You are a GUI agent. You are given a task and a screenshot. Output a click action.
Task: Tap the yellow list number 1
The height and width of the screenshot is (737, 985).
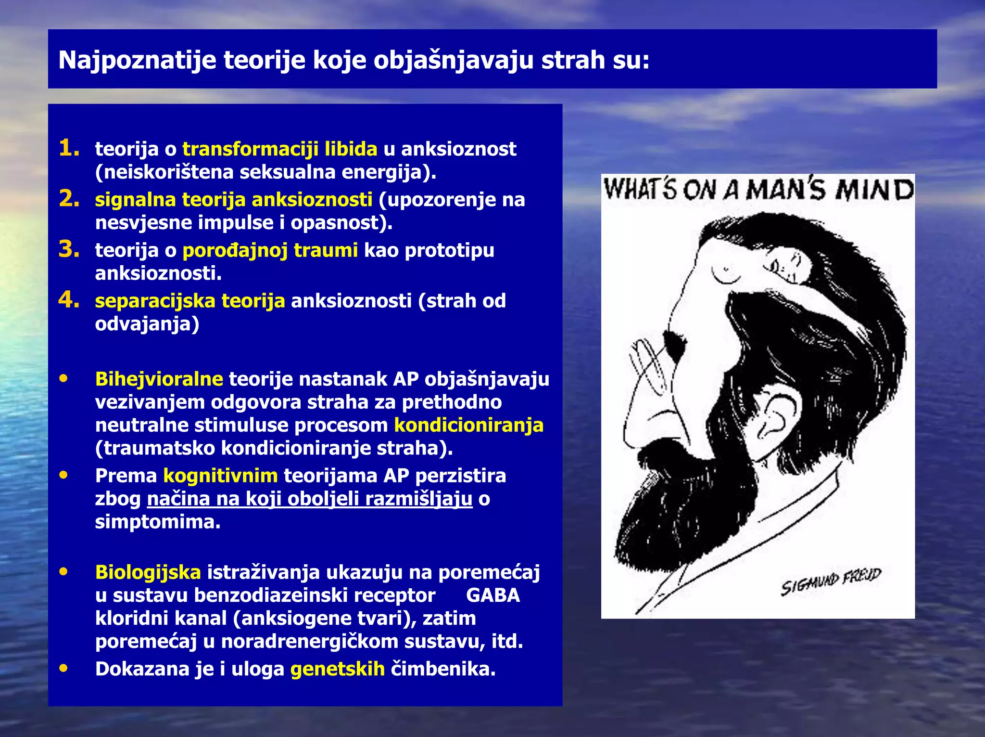(x=69, y=148)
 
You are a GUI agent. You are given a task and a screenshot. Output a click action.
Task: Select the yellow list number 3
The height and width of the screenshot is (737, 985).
(x=69, y=249)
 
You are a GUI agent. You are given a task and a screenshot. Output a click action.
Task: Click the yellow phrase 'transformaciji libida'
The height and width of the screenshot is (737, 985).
(x=279, y=149)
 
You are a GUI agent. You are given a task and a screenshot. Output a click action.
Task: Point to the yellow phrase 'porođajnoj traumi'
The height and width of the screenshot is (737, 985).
(x=270, y=250)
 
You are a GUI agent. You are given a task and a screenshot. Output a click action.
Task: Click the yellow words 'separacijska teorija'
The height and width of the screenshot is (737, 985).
(x=189, y=301)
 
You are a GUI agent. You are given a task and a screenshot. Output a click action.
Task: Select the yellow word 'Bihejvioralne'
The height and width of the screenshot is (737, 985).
(x=159, y=379)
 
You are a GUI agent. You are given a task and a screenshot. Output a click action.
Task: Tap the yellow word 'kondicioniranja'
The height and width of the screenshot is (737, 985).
(x=468, y=425)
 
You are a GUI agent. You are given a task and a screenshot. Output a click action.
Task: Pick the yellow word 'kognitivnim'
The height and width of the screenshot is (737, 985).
(x=220, y=476)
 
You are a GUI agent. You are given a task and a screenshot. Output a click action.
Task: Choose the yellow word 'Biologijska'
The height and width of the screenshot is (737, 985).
(x=148, y=572)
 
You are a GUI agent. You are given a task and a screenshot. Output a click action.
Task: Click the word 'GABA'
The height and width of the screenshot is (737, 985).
(x=493, y=595)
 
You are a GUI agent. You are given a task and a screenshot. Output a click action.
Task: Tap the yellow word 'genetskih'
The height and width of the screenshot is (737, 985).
(x=337, y=669)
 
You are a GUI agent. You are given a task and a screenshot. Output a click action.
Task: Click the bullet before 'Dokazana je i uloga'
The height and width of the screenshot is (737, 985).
(x=63, y=668)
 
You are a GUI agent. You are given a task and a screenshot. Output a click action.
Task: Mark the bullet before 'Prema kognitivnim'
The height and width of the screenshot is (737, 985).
(x=63, y=475)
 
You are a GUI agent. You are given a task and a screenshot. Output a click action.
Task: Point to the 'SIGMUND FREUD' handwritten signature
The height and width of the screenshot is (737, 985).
(x=830, y=581)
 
